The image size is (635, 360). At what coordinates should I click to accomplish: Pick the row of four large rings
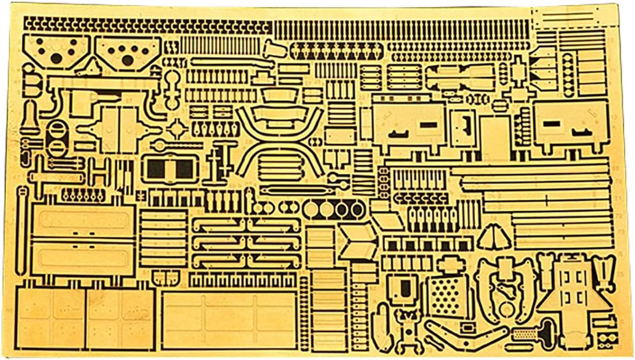pos(333,209)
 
